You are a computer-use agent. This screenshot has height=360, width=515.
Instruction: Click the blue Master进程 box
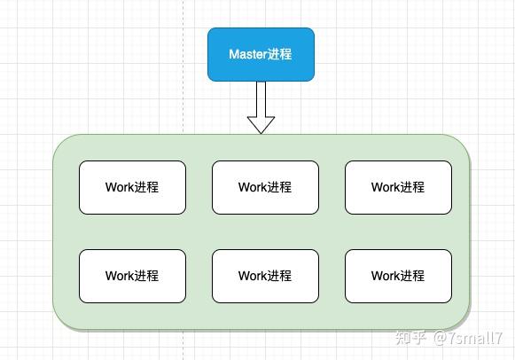pyautogui.click(x=261, y=54)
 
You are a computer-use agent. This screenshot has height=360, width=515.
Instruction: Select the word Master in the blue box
pyautogui.click(x=247, y=54)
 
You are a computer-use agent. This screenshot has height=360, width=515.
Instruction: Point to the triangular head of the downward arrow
pyautogui.click(x=261, y=123)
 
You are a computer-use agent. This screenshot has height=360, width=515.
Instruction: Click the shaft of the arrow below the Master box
pyautogui.click(x=261, y=97)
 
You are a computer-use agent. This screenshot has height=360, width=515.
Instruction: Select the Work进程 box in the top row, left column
pyautogui.click(x=132, y=187)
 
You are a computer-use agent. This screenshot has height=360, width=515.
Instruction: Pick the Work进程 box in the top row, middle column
pyautogui.click(x=265, y=187)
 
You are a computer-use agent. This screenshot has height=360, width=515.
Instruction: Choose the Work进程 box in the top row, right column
pyautogui.click(x=398, y=187)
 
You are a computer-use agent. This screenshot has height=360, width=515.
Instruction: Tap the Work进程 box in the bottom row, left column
pyautogui.click(x=132, y=276)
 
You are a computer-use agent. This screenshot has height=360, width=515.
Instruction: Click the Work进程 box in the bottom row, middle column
pyautogui.click(x=265, y=276)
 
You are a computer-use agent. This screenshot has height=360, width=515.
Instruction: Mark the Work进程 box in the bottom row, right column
pyautogui.click(x=398, y=276)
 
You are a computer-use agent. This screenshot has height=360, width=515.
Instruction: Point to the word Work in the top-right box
pyautogui.click(x=386, y=187)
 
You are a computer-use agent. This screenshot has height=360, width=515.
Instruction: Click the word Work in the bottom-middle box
pyautogui.click(x=253, y=276)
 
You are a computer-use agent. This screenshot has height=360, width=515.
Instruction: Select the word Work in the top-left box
pyautogui.click(x=120, y=187)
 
